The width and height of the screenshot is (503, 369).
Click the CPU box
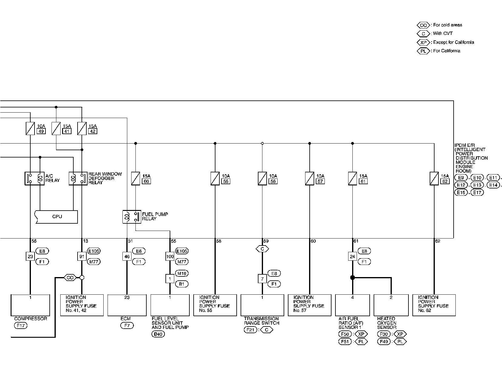click(57, 217)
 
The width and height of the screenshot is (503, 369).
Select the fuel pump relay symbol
click(132, 217)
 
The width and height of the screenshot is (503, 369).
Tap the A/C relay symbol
click(34, 178)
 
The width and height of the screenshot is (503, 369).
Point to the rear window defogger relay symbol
click(78, 178)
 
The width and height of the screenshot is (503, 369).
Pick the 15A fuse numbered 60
click(135, 178)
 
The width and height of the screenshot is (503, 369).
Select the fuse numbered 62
click(434, 178)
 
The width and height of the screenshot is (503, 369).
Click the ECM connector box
click(127, 305)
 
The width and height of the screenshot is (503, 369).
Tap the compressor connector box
click(30, 305)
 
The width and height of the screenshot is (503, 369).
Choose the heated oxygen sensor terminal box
click(391, 305)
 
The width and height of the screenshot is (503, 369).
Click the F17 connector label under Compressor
click(21, 326)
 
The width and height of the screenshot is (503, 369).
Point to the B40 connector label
click(158, 334)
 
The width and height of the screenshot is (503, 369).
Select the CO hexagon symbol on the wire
click(70, 277)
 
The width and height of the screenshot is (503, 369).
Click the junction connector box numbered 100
click(170, 256)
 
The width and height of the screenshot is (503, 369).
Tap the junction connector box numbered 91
click(82, 256)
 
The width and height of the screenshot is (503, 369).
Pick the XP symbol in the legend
click(423, 42)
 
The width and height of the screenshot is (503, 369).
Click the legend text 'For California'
click(447, 51)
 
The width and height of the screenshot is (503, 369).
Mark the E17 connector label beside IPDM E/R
click(477, 192)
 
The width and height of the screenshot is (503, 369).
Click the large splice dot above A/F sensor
click(352, 277)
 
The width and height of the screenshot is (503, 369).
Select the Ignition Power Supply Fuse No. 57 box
click(309, 305)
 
